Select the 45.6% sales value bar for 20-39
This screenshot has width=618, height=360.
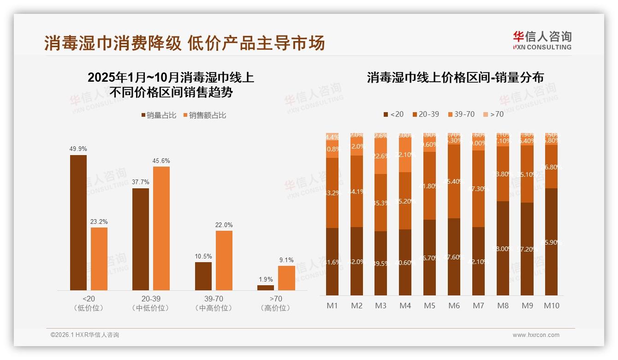coord(161,228)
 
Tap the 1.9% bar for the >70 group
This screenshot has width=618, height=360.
coord(266,288)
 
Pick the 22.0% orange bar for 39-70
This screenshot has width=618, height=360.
coord(224,260)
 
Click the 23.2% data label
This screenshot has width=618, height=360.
coord(99,222)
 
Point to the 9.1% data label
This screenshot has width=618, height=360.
coord(286,260)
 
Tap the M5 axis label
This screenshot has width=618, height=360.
coord(429,306)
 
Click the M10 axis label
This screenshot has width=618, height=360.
coord(552,306)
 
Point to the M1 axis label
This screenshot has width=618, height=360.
coord(332,306)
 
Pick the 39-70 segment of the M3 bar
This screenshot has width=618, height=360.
coord(380,156)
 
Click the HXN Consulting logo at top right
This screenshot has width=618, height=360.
coord(542,40)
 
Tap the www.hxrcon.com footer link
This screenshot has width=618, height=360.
coord(535,335)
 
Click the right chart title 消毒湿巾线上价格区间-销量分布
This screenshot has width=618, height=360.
coord(455,78)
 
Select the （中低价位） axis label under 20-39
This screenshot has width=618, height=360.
coord(150,308)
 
